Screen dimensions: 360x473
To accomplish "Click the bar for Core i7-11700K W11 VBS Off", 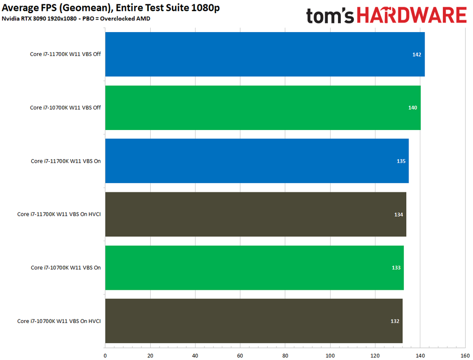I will (263, 54).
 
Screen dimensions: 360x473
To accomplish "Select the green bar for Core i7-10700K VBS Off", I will (262, 108).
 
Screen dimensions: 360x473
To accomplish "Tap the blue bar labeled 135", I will (256, 161).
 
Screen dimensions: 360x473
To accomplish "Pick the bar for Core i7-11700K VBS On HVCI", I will (255, 214).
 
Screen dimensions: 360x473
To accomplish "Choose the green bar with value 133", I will (254, 267).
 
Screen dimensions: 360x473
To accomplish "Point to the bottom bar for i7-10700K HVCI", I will (254, 321).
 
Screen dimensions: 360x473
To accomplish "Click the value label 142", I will (416, 55).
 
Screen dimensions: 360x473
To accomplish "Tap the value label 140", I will (413, 108).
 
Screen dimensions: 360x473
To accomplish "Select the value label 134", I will (399, 214).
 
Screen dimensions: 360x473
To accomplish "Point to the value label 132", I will (395, 321).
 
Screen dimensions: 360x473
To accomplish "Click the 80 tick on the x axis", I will (285, 355).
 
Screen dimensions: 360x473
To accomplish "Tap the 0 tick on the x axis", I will (105, 355).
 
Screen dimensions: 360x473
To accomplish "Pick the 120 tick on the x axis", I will (375, 355).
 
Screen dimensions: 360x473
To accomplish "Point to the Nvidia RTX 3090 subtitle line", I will (76, 19).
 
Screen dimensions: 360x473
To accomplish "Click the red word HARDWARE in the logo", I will (413, 15).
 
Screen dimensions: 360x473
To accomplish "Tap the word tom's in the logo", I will (332, 15).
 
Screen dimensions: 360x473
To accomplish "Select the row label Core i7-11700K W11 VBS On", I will (66, 161).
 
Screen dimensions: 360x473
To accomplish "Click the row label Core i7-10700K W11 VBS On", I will (66, 267).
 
